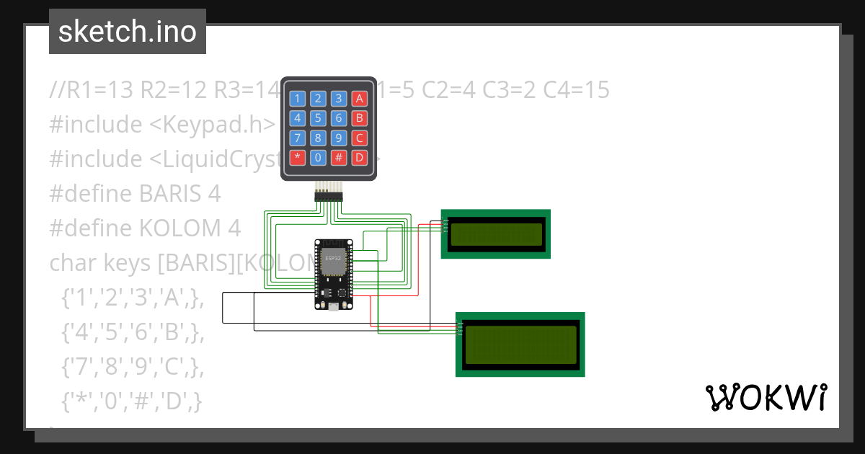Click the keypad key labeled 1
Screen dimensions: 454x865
pos(298,99)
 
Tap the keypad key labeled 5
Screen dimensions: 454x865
pos(319,118)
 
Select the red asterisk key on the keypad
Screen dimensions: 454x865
pos(298,157)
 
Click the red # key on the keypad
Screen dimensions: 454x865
pos(339,157)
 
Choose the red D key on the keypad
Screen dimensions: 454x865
pos(360,157)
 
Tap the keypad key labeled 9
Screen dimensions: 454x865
pos(339,138)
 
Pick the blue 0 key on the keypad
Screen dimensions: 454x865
pos(319,157)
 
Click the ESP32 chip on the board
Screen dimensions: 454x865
pos(333,264)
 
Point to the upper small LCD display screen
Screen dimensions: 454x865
pos(495,233)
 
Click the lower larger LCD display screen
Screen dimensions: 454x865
pos(520,344)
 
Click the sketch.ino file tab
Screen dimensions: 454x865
pos(128,32)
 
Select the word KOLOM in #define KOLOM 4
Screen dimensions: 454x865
pos(180,228)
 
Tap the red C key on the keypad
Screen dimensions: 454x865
pos(360,138)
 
